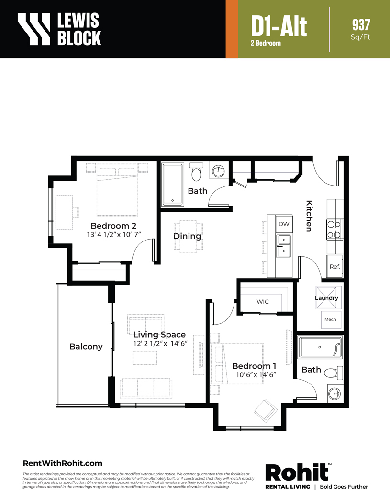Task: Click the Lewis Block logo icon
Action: (x=33, y=29)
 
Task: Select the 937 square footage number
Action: (x=361, y=25)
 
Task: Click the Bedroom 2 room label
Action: (x=113, y=226)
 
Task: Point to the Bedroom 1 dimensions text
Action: (x=256, y=375)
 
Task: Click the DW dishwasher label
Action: (x=284, y=224)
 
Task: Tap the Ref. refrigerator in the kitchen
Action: (x=334, y=266)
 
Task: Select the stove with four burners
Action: (x=334, y=230)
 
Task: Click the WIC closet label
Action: (x=263, y=302)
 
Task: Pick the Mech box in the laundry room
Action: (x=331, y=319)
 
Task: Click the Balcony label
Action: (x=86, y=347)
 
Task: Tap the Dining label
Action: (x=187, y=236)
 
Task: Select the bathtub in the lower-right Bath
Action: (x=320, y=347)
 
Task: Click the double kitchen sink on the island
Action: (x=284, y=246)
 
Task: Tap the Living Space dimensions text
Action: (x=160, y=344)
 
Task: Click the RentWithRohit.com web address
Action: (x=62, y=463)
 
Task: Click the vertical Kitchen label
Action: (x=309, y=216)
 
